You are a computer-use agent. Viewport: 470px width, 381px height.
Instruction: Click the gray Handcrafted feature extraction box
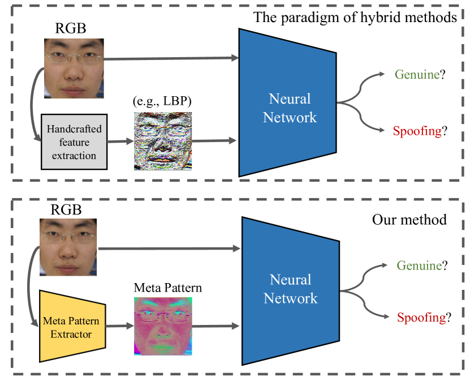[x=72, y=138]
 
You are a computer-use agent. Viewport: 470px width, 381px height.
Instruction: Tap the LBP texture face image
[x=163, y=140]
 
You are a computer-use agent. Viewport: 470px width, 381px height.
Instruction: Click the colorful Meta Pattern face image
[x=163, y=326]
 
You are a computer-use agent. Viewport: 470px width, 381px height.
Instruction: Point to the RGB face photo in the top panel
[x=75, y=67]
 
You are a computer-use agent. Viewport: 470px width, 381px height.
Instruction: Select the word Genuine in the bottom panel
[x=419, y=265]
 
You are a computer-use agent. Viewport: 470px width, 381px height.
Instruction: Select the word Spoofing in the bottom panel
[x=420, y=318]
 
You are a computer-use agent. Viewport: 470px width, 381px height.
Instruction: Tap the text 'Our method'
[x=409, y=219]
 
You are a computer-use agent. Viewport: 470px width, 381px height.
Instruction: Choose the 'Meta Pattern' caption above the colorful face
[x=167, y=288]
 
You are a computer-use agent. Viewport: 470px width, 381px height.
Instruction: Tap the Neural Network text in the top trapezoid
[x=290, y=108]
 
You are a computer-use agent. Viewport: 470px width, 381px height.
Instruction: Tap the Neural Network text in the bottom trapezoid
[x=291, y=289]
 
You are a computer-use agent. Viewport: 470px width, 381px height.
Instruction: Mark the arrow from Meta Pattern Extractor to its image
[x=119, y=326]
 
